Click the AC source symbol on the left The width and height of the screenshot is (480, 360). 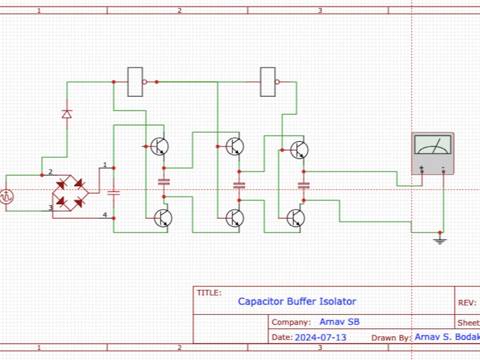[6, 196]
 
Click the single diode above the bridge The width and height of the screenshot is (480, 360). [67, 114]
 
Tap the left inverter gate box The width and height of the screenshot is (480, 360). [135, 82]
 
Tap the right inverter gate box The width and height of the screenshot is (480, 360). [268, 82]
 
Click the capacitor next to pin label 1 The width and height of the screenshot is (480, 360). [114, 193]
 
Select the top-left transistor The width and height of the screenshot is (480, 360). [159, 146]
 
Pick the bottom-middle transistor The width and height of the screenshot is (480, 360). [234, 218]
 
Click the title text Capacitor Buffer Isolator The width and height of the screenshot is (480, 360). [297, 301]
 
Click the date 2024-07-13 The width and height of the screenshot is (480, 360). [320, 337]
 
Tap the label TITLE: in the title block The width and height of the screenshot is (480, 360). [209, 292]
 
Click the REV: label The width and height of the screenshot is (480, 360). [466, 302]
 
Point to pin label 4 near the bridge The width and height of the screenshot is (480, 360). [105, 215]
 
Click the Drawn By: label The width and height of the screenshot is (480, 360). [391, 337]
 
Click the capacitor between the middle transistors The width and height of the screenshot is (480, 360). [239, 186]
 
